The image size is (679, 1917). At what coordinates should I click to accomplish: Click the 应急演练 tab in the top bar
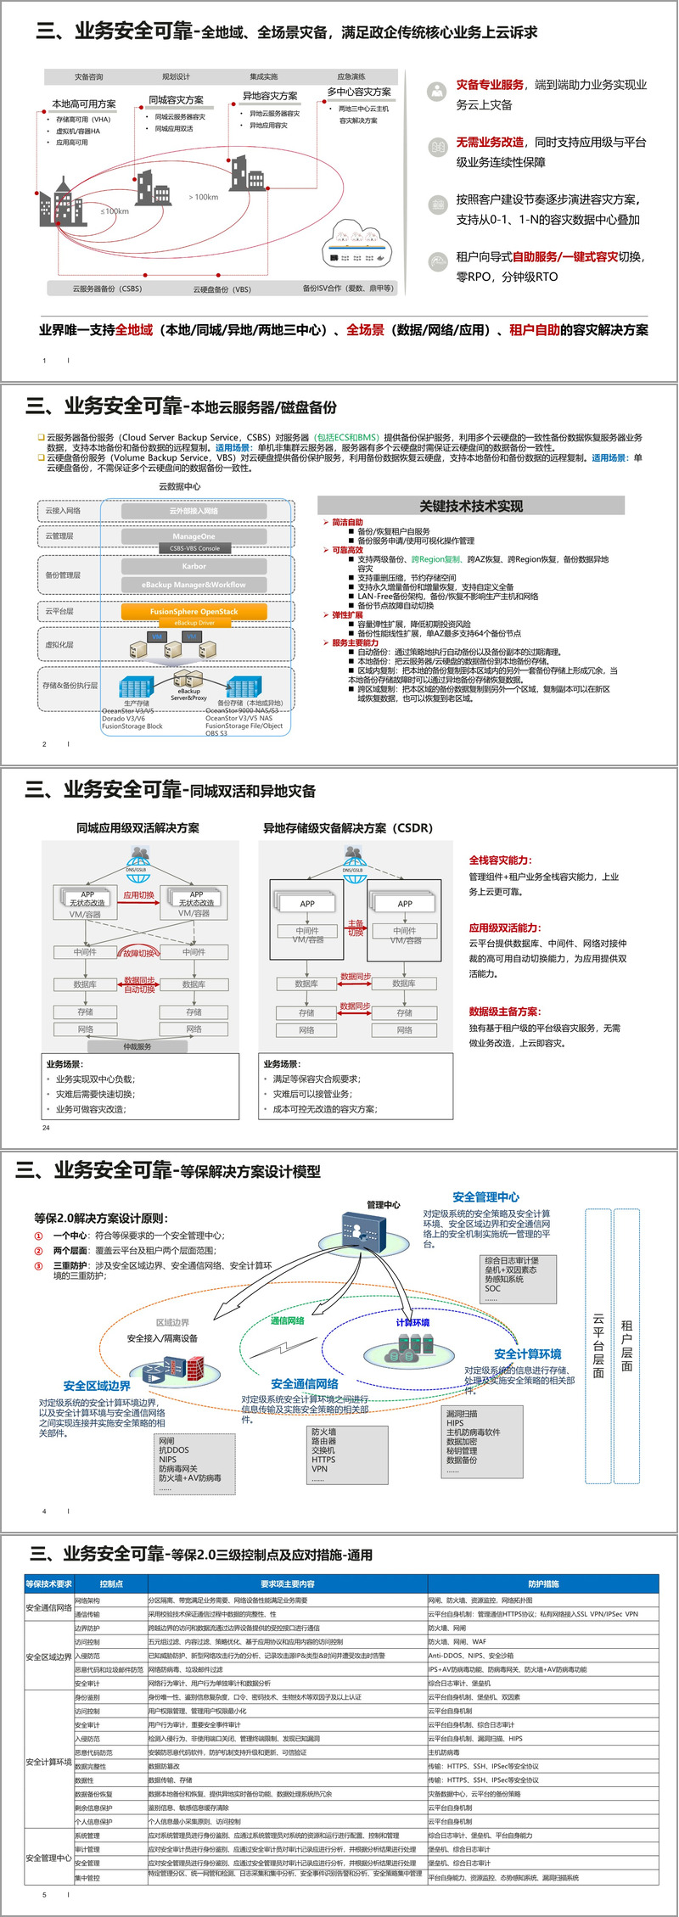tap(351, 76)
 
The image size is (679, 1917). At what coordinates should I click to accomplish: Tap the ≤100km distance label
tap(115, 211)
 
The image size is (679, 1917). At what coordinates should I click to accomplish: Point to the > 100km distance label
tap(203, 197)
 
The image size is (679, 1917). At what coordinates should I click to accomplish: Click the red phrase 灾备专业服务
tap(490, 85)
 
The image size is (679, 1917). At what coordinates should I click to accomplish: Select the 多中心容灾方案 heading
tap(359, 92)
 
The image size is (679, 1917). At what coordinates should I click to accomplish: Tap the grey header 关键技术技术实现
tap(471, 506)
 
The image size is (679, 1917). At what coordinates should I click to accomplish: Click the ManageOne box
tap(194, 536)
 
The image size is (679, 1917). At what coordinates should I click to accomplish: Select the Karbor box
tap(194, 566)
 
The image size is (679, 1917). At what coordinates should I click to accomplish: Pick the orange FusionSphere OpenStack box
tap(194, 611)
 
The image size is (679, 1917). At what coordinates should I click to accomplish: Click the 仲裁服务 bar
tap(137, 1046)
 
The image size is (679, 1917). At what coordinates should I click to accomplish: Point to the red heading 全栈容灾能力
tap(500, 860)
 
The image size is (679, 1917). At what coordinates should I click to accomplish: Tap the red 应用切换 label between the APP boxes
tap(138, 894)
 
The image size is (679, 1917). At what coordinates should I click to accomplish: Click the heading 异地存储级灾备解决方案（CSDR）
tap(348, 827)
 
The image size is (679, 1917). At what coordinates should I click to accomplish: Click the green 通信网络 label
tap(287, 1320)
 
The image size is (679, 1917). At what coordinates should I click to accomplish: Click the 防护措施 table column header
tap(543, 1583)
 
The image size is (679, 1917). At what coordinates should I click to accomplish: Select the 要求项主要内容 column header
tap(287, 1583)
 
